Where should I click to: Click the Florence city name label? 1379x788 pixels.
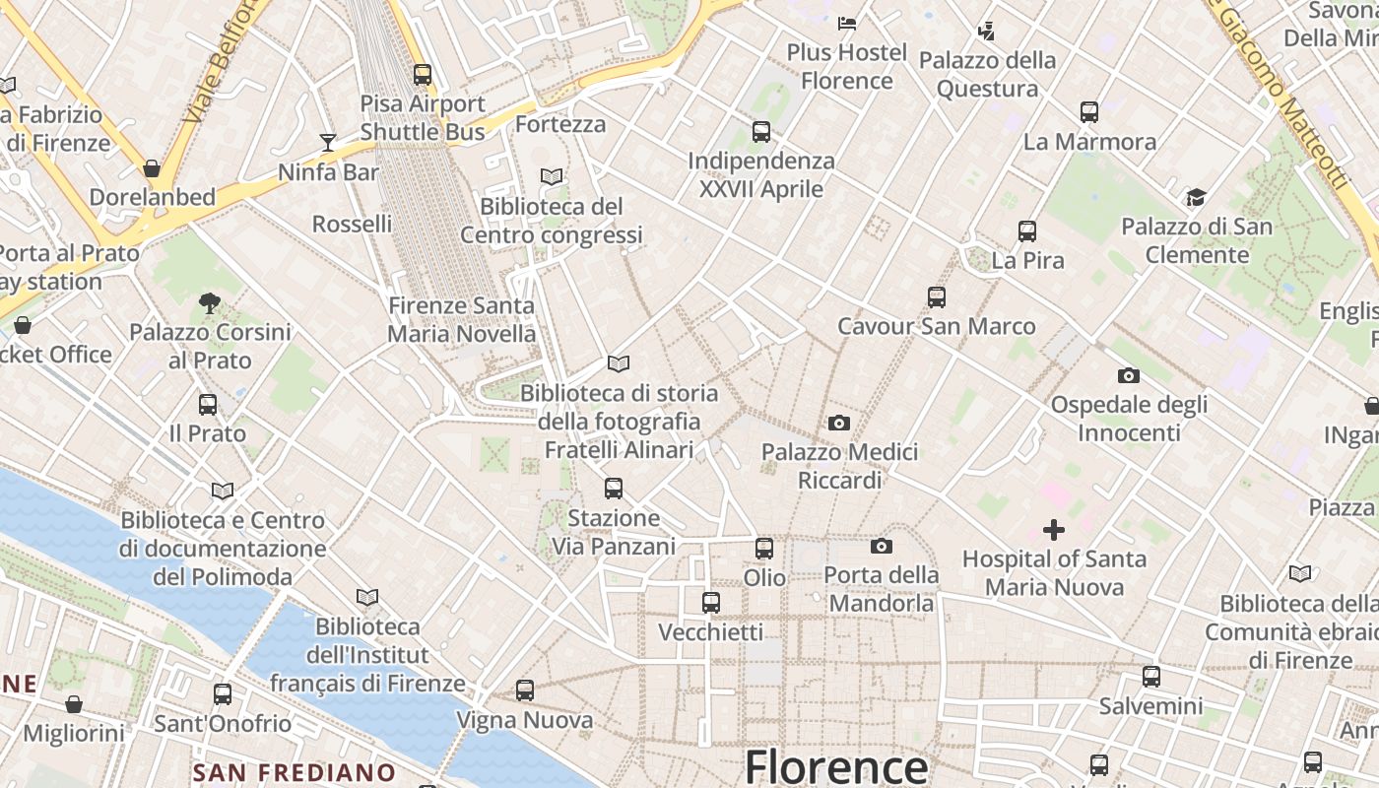835,766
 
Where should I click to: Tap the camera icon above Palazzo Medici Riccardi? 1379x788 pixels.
839,423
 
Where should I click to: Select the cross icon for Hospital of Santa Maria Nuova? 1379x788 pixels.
1053,530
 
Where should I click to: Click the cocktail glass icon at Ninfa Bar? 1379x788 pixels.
328,143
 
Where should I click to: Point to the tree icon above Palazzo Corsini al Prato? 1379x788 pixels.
209,302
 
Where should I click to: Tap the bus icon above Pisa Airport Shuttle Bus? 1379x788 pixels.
423,74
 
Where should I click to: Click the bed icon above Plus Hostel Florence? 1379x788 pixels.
846,23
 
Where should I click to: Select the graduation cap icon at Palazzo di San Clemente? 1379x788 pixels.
1196,197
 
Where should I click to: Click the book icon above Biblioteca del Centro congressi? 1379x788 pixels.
552,176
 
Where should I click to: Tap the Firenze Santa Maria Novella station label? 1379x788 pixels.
461,319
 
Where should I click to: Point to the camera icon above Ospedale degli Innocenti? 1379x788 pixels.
1129,375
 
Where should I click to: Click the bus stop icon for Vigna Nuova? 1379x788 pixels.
525,690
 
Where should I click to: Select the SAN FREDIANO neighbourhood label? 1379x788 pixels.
294,772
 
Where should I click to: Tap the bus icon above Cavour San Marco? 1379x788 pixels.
936,296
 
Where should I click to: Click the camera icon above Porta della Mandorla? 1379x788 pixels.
881,546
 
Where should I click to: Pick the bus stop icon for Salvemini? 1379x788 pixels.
1150,677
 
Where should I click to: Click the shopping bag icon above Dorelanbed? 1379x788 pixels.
152,168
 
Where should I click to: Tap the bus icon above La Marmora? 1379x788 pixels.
1088,112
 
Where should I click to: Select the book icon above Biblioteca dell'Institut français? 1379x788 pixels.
367,597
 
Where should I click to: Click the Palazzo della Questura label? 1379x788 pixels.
987,74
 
